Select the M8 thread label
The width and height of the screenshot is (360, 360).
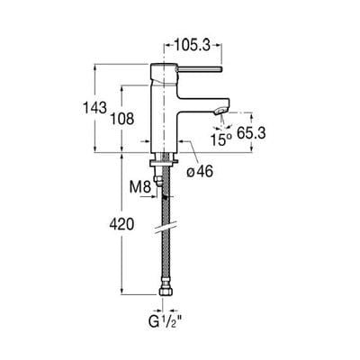click(x=138, y=187)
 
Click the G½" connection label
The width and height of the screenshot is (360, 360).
click(x=167, y=319)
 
